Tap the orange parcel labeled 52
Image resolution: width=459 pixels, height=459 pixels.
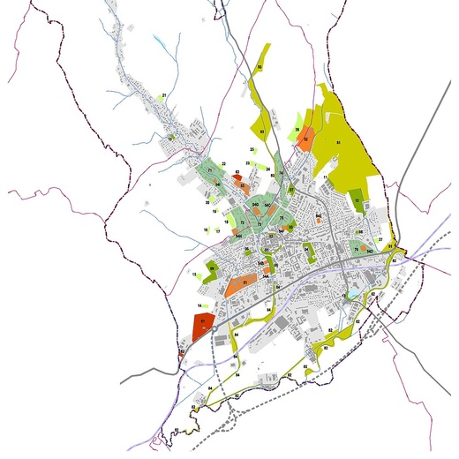(x=305, y=139)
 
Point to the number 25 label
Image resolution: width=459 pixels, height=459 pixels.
(x=252, y=150)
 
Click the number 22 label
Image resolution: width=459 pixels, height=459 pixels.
(x=224, y=164)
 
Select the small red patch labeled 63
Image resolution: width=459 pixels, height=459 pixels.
(x=237, y=176)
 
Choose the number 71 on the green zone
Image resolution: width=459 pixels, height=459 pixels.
(x=210, y=170)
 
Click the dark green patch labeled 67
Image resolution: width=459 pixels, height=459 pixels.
(x=290, y=189)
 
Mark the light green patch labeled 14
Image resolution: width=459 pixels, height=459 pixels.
(x=199, y=305)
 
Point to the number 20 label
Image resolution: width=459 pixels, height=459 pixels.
(x=207, y=202)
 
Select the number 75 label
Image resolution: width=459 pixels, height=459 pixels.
(x=282, y=218)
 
